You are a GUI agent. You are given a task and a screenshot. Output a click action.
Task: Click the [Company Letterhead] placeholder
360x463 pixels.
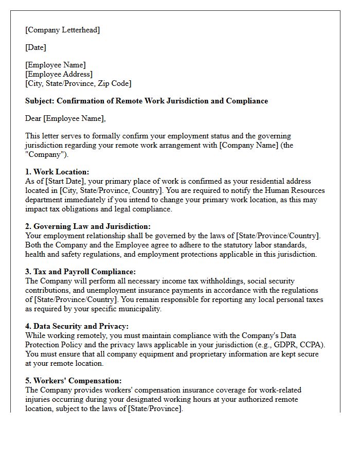click(63, 30)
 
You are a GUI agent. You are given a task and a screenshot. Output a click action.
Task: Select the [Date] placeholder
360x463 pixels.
click(35, 47)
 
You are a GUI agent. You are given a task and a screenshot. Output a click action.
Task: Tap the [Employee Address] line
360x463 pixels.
click(59, 74)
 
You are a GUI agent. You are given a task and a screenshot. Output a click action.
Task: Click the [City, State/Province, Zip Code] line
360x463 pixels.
click(78, 83)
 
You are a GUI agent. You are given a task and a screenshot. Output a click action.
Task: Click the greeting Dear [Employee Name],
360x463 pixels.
click(65, 118)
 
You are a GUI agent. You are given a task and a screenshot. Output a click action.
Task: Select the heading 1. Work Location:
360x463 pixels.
click(57, 172)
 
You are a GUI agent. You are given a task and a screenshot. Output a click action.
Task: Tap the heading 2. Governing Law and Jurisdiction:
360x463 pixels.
click(88, 226)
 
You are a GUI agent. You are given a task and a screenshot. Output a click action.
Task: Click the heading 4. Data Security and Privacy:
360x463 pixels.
click(77, 326)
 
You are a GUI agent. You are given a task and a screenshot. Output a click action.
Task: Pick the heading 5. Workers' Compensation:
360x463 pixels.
click(74, 381)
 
